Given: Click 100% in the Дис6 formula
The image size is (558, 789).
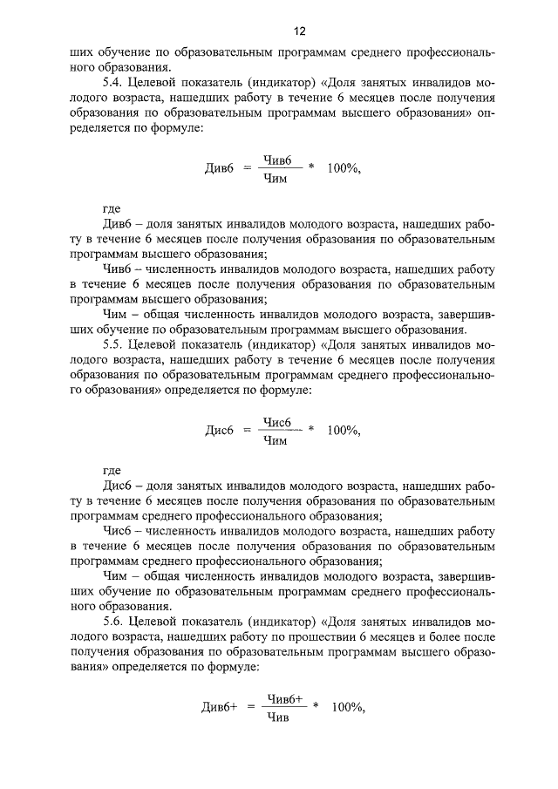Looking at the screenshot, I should click(342, 430).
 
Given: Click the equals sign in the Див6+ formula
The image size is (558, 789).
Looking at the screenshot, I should click(251, 707).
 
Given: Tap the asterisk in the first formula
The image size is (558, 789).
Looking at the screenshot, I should click(311, 168).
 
